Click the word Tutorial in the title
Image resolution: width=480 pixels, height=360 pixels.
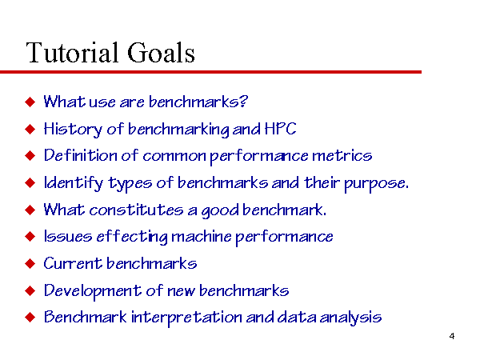pos(72,52)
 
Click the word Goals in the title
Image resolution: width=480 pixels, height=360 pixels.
pos(161,52)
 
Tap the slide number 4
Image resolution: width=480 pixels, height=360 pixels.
pos(452,336)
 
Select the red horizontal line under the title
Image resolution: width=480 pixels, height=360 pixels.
pos(210,72)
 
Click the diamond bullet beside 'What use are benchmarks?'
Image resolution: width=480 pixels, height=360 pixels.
pos(30,102)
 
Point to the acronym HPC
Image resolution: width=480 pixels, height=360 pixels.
pos(280,129)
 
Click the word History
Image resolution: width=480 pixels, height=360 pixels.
pos(73,130)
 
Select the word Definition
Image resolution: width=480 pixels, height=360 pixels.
pos(81,155)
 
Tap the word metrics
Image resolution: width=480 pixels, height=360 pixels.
pos(342,156)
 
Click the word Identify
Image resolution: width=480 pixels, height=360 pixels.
pos(74,183)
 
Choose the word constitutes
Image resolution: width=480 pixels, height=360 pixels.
pos(136,210)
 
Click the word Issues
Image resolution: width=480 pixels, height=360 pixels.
pos(68,236)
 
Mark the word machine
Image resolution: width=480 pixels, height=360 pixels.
pos(202,236)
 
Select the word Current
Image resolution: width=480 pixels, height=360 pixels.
pos(73,263)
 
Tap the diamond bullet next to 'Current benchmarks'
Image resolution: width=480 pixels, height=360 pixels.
pos(30,263)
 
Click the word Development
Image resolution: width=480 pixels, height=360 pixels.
pos(93,291)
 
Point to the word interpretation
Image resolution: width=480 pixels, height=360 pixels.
pos(186,318)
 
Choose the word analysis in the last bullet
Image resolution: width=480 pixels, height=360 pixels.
pos(350,318)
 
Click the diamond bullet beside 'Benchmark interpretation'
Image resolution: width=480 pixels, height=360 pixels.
pos(30,318)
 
